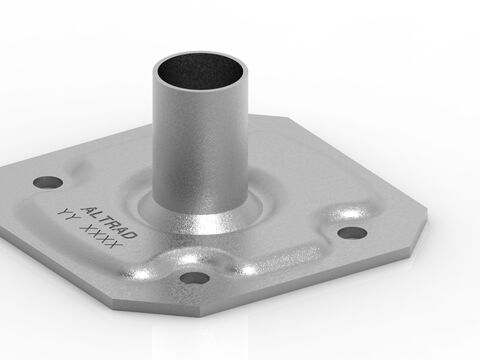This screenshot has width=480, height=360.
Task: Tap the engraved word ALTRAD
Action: point(112,211)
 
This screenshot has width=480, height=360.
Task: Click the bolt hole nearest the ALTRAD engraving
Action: point(46,183)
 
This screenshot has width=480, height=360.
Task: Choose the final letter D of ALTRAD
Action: point(133,232)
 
